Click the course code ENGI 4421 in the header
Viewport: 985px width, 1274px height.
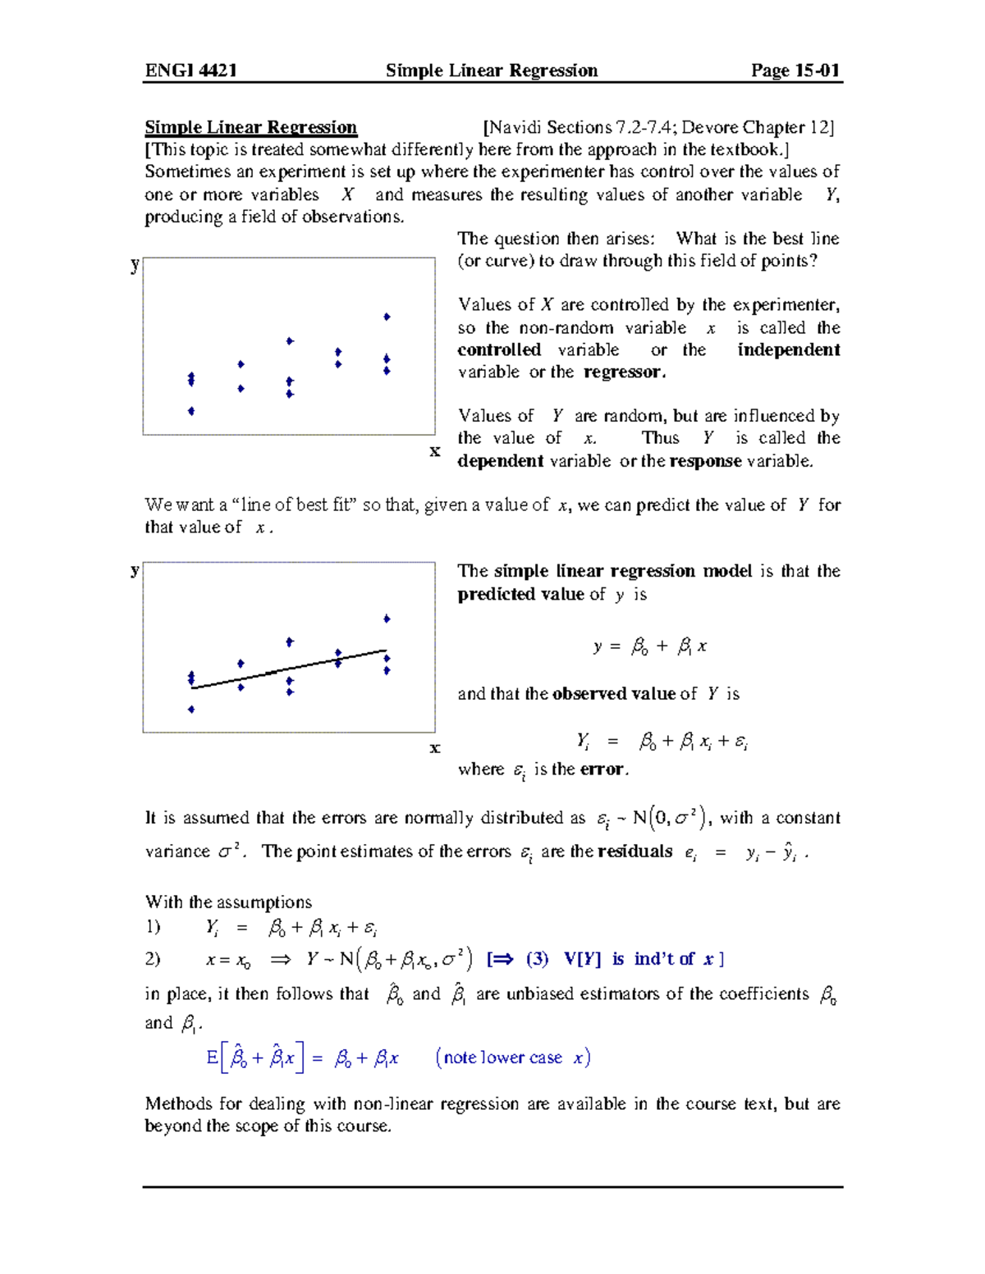(190, 71)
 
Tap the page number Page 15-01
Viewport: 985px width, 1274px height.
(795, 71)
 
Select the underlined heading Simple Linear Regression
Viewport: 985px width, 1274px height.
(250, 127)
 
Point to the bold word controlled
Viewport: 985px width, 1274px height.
(499, 350)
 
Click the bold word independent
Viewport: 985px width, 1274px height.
(788, 350)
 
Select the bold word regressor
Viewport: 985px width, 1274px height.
(624, 372)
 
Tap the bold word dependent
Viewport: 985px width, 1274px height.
(500, 461)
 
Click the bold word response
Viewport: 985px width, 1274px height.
(705, 461)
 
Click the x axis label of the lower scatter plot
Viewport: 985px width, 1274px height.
(435, 747)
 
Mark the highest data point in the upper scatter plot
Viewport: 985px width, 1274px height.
(387, 317)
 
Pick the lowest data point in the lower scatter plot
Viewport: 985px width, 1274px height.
(191, 710)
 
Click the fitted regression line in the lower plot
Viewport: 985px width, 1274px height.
(289, 669)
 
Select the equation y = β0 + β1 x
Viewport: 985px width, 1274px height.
(650, 647)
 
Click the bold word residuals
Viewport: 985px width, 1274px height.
(635, 852)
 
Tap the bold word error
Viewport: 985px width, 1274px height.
(603, 769)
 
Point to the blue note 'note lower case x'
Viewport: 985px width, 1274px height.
(513, 1058)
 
